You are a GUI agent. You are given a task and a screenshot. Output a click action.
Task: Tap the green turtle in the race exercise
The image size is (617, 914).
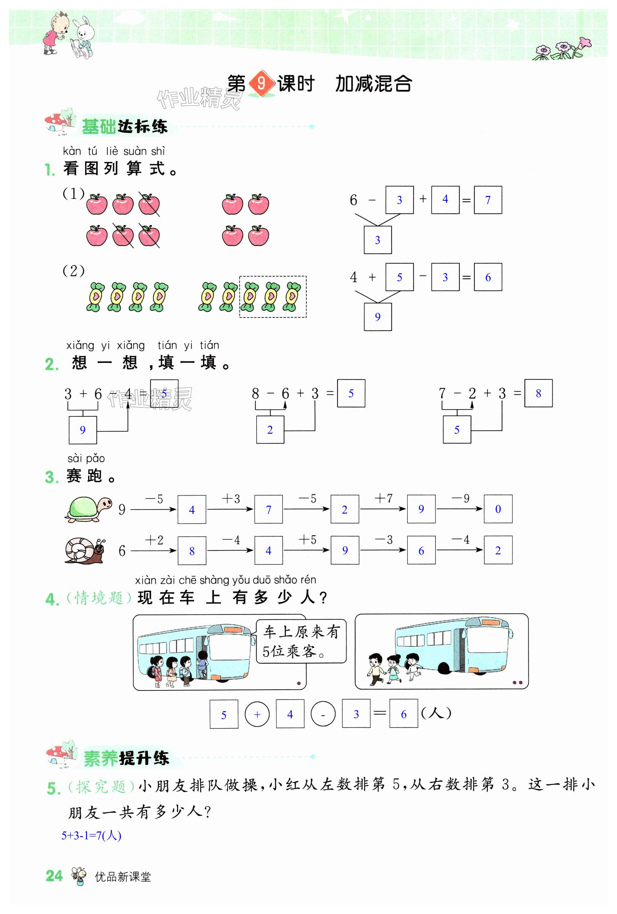coord(88,509)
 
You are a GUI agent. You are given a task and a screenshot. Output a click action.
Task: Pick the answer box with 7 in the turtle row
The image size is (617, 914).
coord(269,509)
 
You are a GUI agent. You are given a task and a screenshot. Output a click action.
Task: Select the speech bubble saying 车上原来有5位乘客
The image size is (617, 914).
coord(301,641)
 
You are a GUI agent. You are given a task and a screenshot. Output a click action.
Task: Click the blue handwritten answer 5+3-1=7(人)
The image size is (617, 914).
coord(91,835)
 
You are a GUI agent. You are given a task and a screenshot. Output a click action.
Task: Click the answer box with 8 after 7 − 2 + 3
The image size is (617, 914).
coord(538,393)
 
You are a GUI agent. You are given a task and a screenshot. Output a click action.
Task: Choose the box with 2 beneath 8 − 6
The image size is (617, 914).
coord(270,429)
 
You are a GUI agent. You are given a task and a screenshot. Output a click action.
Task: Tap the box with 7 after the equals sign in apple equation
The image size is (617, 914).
coord(488,200)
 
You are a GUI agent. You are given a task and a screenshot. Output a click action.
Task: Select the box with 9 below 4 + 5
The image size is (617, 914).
coord(377,317)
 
